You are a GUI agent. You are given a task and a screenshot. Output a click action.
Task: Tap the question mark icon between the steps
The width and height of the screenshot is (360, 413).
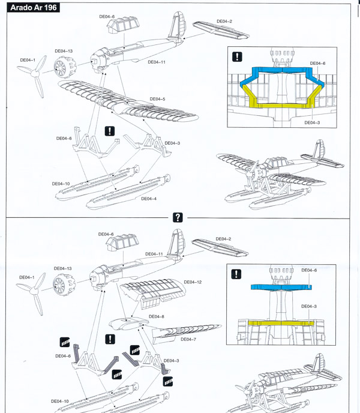[x=177, y=217]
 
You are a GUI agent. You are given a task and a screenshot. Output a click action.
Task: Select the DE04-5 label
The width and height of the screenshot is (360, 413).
[x=157, y=99]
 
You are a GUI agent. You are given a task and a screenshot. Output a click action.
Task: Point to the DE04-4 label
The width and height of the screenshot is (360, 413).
[x=149, y=199]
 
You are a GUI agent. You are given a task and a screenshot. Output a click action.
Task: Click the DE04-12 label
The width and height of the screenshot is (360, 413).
[x=193, y=282]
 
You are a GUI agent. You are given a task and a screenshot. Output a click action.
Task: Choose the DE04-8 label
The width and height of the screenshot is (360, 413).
[x=156, y=316]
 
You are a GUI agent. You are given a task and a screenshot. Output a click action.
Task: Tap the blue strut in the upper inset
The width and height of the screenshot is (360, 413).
[x=281, y=73]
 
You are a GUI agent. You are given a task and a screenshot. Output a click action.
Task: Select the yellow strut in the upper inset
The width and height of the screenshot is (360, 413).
[x=281, y=103]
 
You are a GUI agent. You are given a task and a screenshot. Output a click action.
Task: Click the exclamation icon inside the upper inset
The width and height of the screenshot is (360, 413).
[x=238, y=57]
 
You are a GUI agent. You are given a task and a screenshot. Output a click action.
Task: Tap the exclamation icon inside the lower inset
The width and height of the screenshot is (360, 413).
[x=238, y=274]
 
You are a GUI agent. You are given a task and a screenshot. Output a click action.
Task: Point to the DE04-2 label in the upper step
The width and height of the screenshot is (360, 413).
[x=224, y=22]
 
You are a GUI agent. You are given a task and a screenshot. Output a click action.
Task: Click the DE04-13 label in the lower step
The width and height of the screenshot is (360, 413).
[x=63, y=268]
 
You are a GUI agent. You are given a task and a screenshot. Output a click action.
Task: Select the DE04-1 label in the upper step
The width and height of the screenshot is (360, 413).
[x=28, y=60]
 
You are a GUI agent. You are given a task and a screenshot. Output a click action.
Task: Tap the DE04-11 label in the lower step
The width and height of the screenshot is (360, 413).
[x=154, y=254]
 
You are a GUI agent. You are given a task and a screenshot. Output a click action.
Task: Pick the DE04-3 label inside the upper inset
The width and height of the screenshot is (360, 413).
[x=312, y=122]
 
